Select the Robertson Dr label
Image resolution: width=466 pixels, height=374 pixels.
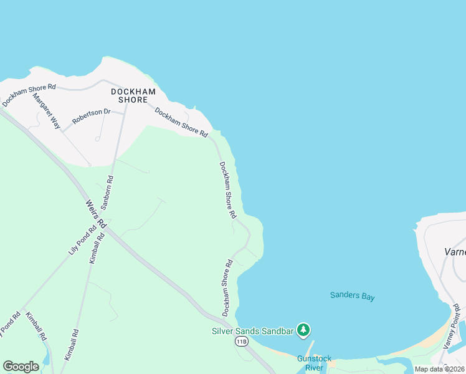(91, 116)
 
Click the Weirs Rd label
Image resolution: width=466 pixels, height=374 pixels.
(95, 214)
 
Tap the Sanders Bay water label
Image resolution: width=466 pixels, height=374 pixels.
(353, 297)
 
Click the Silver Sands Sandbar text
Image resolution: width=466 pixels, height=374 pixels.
(252, 330)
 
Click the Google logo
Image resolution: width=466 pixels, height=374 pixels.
(21, 366)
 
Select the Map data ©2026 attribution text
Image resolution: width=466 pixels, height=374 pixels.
(440, 369)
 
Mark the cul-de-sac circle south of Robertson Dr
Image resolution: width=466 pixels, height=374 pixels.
(97, 139)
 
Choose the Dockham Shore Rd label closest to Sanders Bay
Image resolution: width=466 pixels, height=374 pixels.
(227, 287)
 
